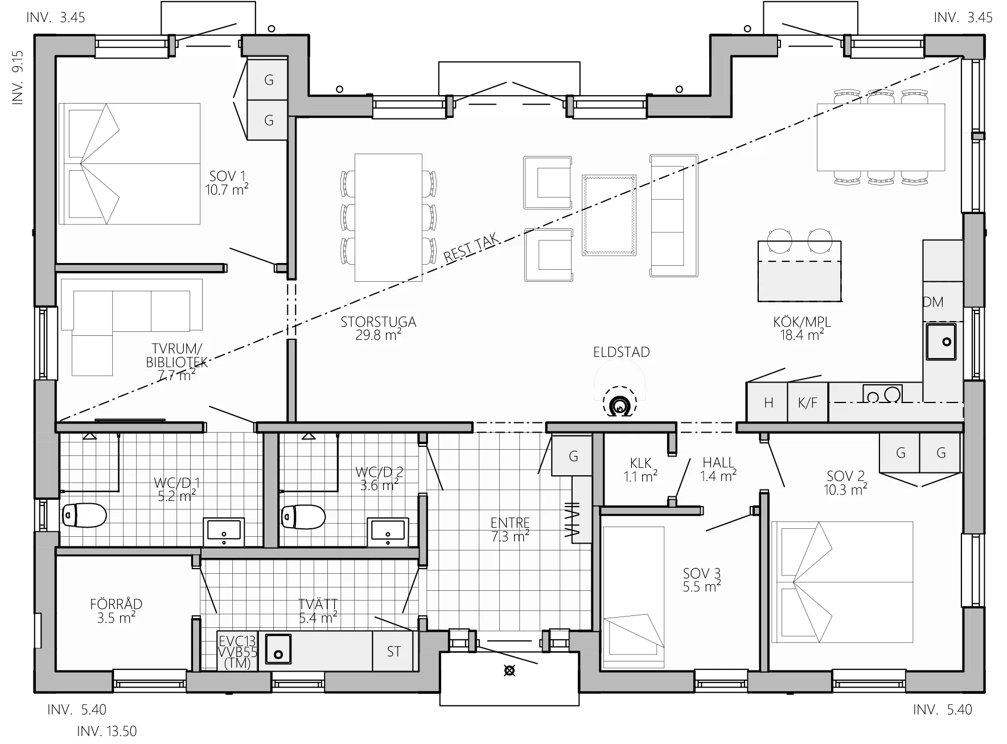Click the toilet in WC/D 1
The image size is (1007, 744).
coord(84,516)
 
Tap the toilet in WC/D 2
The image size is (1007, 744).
coord(303,517)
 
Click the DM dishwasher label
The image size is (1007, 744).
coord(933,302)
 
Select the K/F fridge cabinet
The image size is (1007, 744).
coord(808,403)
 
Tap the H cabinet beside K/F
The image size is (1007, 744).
coord(767,403)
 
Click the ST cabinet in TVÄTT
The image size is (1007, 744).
coord(394,651)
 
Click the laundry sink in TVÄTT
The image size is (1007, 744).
coord(278,649)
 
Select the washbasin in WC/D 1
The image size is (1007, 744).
coord(224,532)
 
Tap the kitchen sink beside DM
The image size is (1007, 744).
coord(941,341)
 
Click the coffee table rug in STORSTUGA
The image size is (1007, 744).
coord(609,215)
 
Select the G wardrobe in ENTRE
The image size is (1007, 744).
coord(572,455)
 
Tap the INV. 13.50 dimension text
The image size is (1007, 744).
coord(107,731)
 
